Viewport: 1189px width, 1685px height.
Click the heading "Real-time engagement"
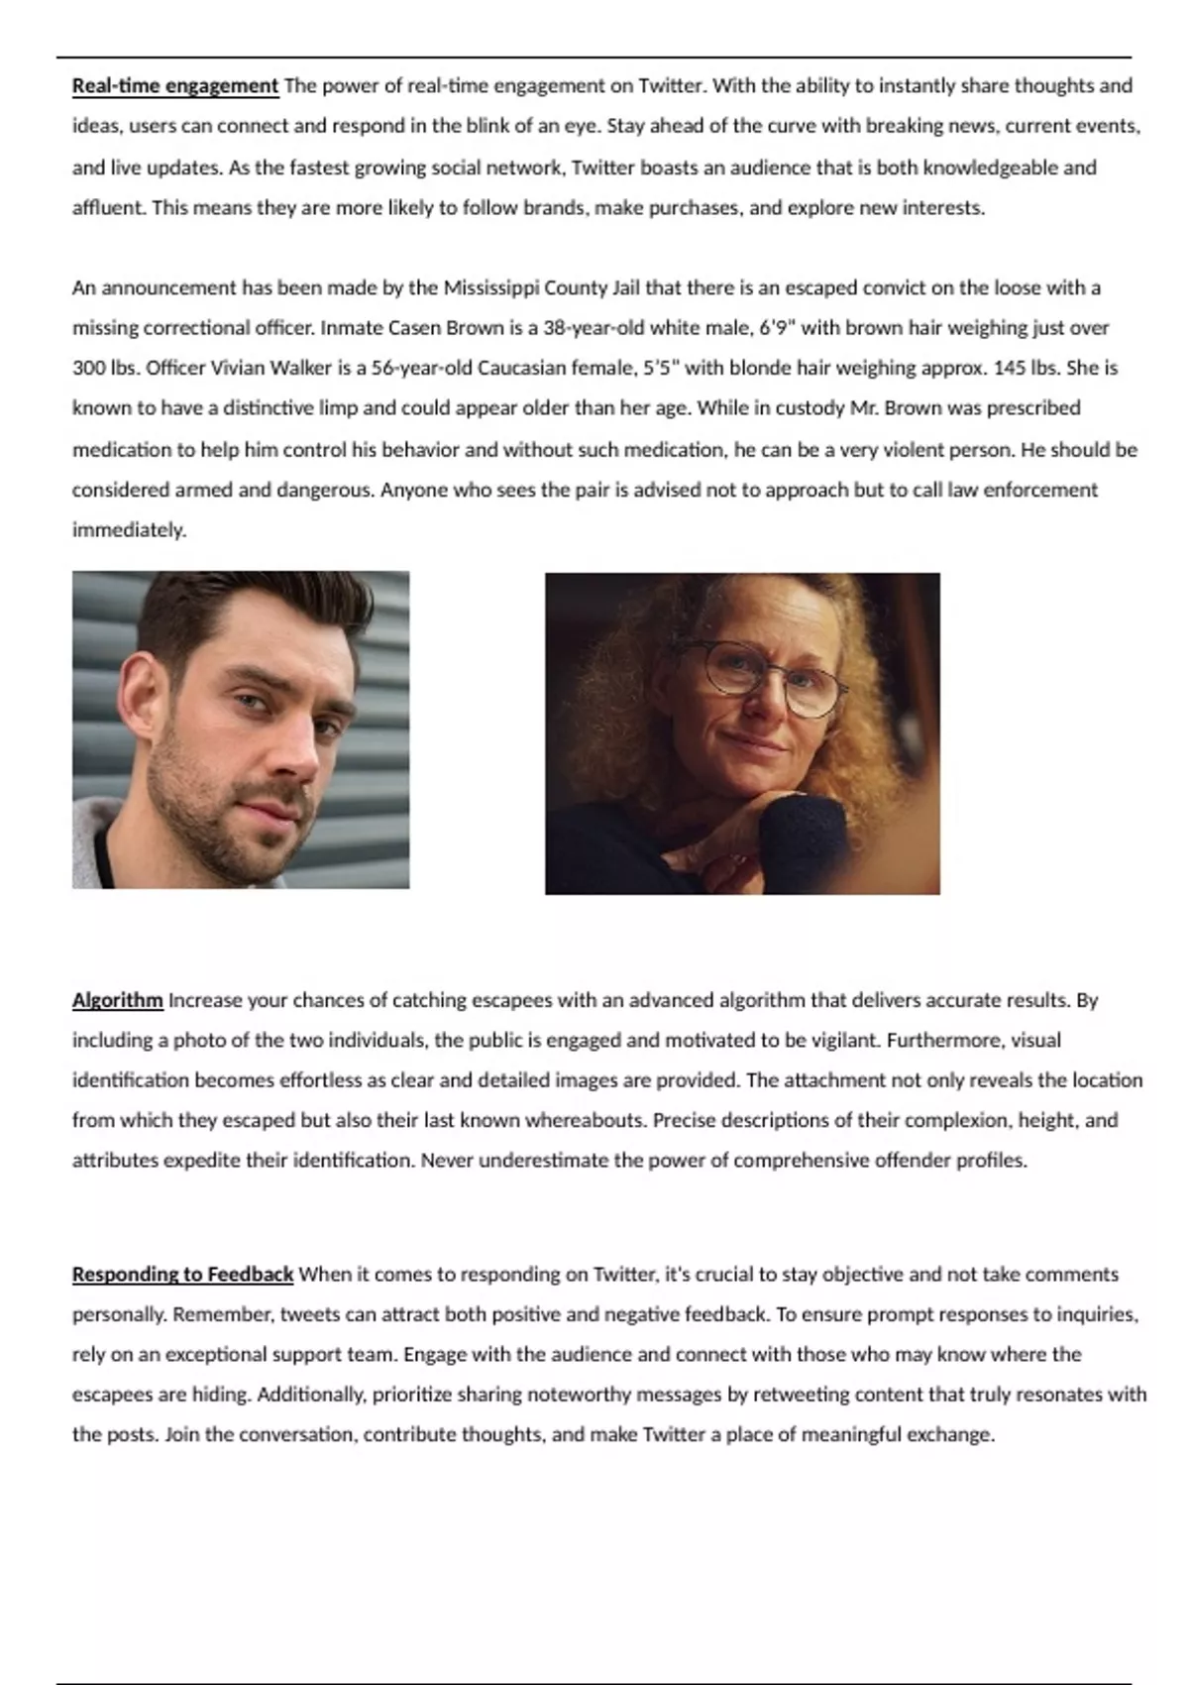[174, 86]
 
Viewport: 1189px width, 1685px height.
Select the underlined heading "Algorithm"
[117, 1000]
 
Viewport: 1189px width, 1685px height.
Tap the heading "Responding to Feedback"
[182, 1275]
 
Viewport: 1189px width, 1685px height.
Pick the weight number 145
[1010, 368]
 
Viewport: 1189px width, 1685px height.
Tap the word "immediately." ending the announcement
[129, 530]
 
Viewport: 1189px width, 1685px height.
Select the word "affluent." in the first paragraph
[109, 208]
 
